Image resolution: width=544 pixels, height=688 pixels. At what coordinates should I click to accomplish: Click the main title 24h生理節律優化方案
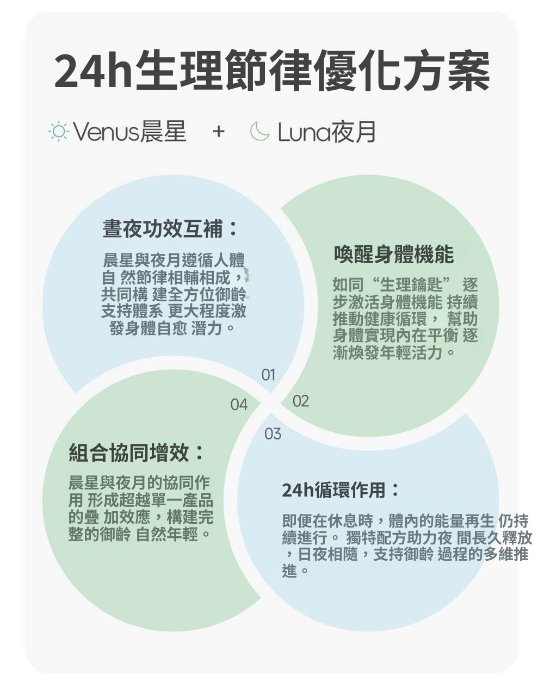coord(272,71)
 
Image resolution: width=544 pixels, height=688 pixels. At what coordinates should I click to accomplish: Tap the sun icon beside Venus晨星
coord(58,132)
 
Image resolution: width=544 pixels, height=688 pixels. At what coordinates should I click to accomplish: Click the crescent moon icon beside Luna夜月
coord(259,132)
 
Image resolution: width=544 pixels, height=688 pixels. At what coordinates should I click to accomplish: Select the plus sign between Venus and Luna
coord(218,132)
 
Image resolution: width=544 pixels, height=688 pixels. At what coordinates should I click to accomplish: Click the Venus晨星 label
coord(129,132)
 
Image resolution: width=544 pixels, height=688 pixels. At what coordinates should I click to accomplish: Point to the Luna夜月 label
coord(326,132)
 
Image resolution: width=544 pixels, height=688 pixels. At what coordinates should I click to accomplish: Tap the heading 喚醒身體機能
coord(393,254)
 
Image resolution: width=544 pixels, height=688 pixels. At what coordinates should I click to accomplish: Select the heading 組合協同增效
coord(137,452)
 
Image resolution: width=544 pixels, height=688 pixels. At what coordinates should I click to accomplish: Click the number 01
coord(268,375)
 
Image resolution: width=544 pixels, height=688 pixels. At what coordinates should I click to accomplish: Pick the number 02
coord(300,401)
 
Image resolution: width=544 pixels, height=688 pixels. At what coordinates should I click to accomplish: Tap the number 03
coord(273,433)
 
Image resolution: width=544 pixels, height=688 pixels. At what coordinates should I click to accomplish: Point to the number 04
coord(238,405)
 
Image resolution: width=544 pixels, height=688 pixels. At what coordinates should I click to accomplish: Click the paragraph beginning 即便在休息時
coord(405,546)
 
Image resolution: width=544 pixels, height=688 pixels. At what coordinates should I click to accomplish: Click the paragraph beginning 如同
coord(405,319)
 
